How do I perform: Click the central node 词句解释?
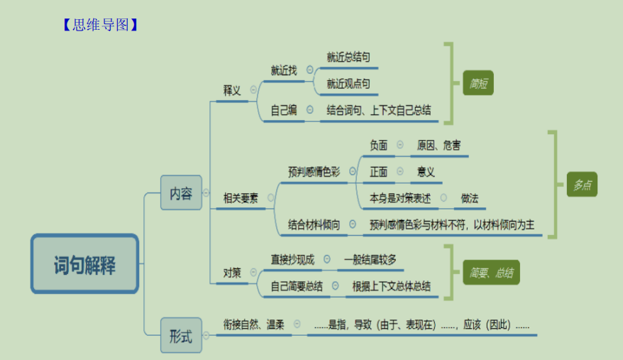[84, 265]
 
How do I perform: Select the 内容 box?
[181, 192]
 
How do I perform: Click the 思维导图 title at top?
[100, 25]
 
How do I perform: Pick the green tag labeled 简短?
[478, 83]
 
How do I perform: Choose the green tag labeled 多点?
[582, 185]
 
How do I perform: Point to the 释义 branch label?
[232, 90]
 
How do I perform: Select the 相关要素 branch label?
[241, 198]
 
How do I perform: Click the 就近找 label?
[284, 70]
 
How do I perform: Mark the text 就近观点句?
[348, 84]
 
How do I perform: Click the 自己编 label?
[284, 110]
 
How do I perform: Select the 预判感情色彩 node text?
[314, 172]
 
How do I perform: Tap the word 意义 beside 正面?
[426, 172]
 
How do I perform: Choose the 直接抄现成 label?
[292, 259]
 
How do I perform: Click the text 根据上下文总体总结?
[391, 286]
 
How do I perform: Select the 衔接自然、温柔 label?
[254, 324]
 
